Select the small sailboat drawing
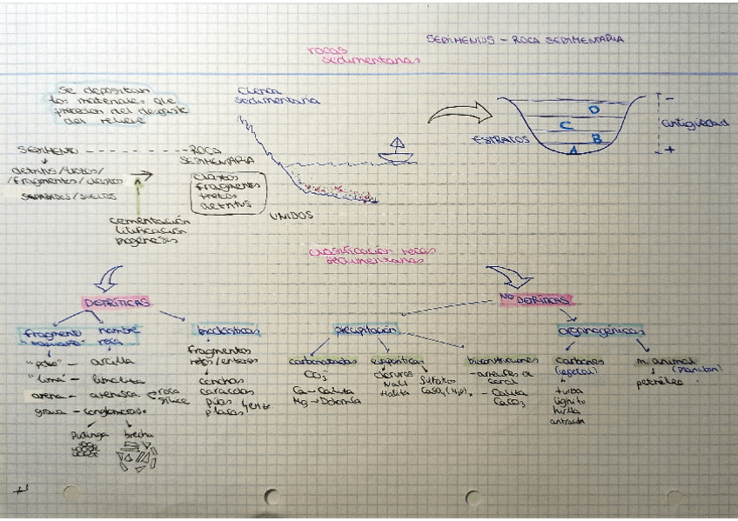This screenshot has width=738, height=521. click(397, 150)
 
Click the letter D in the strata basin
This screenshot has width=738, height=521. click(594, 110)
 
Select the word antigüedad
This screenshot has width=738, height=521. click(694, 124)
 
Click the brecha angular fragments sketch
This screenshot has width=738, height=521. click(137, 454)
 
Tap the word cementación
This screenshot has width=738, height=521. click(150, 220)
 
